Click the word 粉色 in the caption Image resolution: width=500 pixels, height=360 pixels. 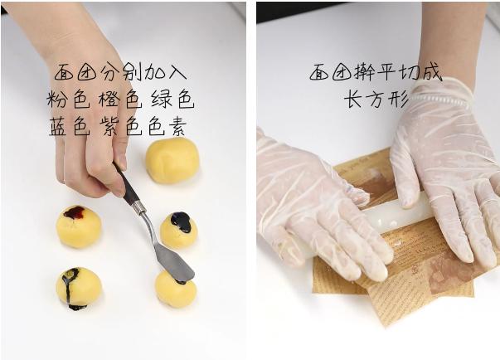point(69,100)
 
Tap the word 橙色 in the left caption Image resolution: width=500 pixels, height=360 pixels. point(122,100)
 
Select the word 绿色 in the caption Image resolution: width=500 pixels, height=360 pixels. point(175,100)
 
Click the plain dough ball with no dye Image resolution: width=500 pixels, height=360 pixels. point(172,159)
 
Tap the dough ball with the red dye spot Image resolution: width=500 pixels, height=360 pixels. point(79,226)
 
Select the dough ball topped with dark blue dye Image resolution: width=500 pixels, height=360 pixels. point(178,230)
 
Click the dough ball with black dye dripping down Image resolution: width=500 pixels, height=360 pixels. point(79,288)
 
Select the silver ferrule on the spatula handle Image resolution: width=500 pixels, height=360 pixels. point(140,208)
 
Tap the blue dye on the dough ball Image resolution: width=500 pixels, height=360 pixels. point(181,221)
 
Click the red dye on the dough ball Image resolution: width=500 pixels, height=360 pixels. point(75,212)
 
